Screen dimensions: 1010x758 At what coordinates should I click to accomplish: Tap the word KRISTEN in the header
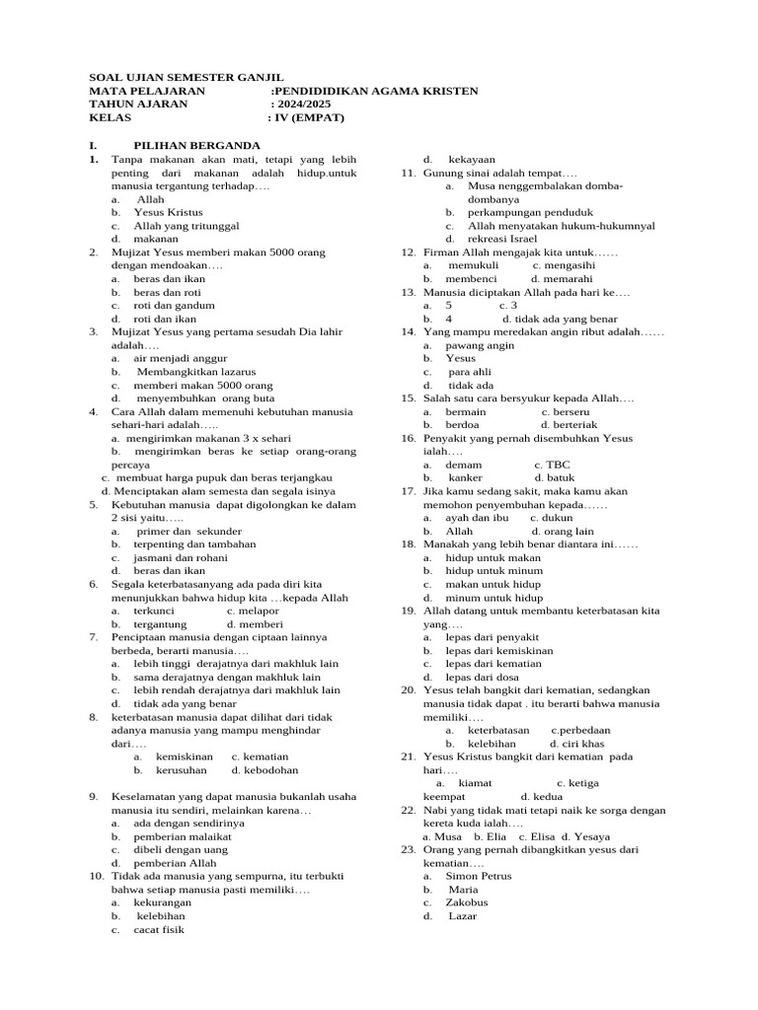(449, 91)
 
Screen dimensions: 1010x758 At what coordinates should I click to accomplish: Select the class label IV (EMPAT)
(310, 117)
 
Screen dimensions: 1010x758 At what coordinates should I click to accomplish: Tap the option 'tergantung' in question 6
(161, 624)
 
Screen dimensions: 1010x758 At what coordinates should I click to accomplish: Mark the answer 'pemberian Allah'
(175, 863)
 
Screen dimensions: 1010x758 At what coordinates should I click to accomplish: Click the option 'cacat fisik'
(159, 929)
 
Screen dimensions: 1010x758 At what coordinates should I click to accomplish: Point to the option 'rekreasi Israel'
(502, 239)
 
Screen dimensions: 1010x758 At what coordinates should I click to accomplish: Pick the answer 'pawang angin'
(481, 345)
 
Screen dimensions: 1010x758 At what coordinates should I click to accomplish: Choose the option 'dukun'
(560, 518)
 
